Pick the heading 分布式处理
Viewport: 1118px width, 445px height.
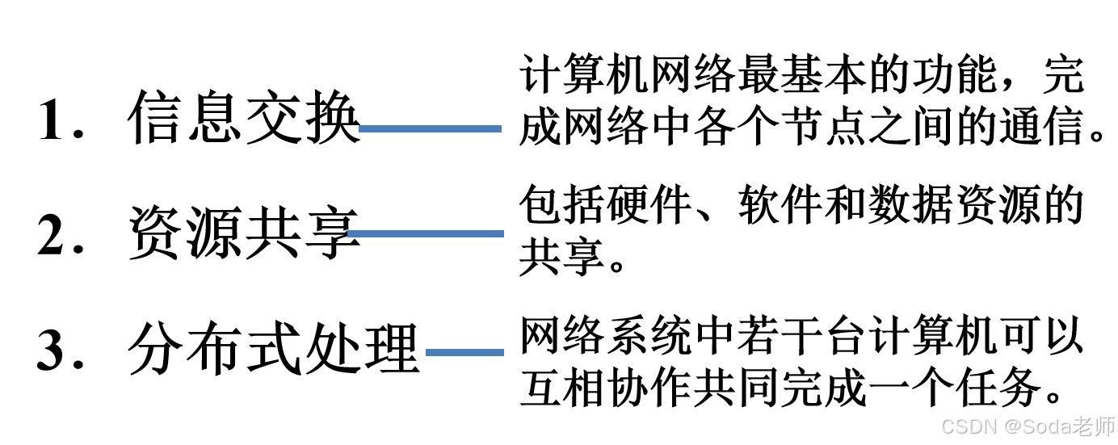pyautogui.click(x=274, y=350)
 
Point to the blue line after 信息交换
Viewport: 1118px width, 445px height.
pyautogui.click(x=430, y=128)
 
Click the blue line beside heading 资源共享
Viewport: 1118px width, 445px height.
pyautogui.click(x=425, y=233)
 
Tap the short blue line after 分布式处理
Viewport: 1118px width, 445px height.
pyautogui.click(x=464, y=352)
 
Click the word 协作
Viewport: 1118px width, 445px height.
pyautogui.click(x=646, y=391)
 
